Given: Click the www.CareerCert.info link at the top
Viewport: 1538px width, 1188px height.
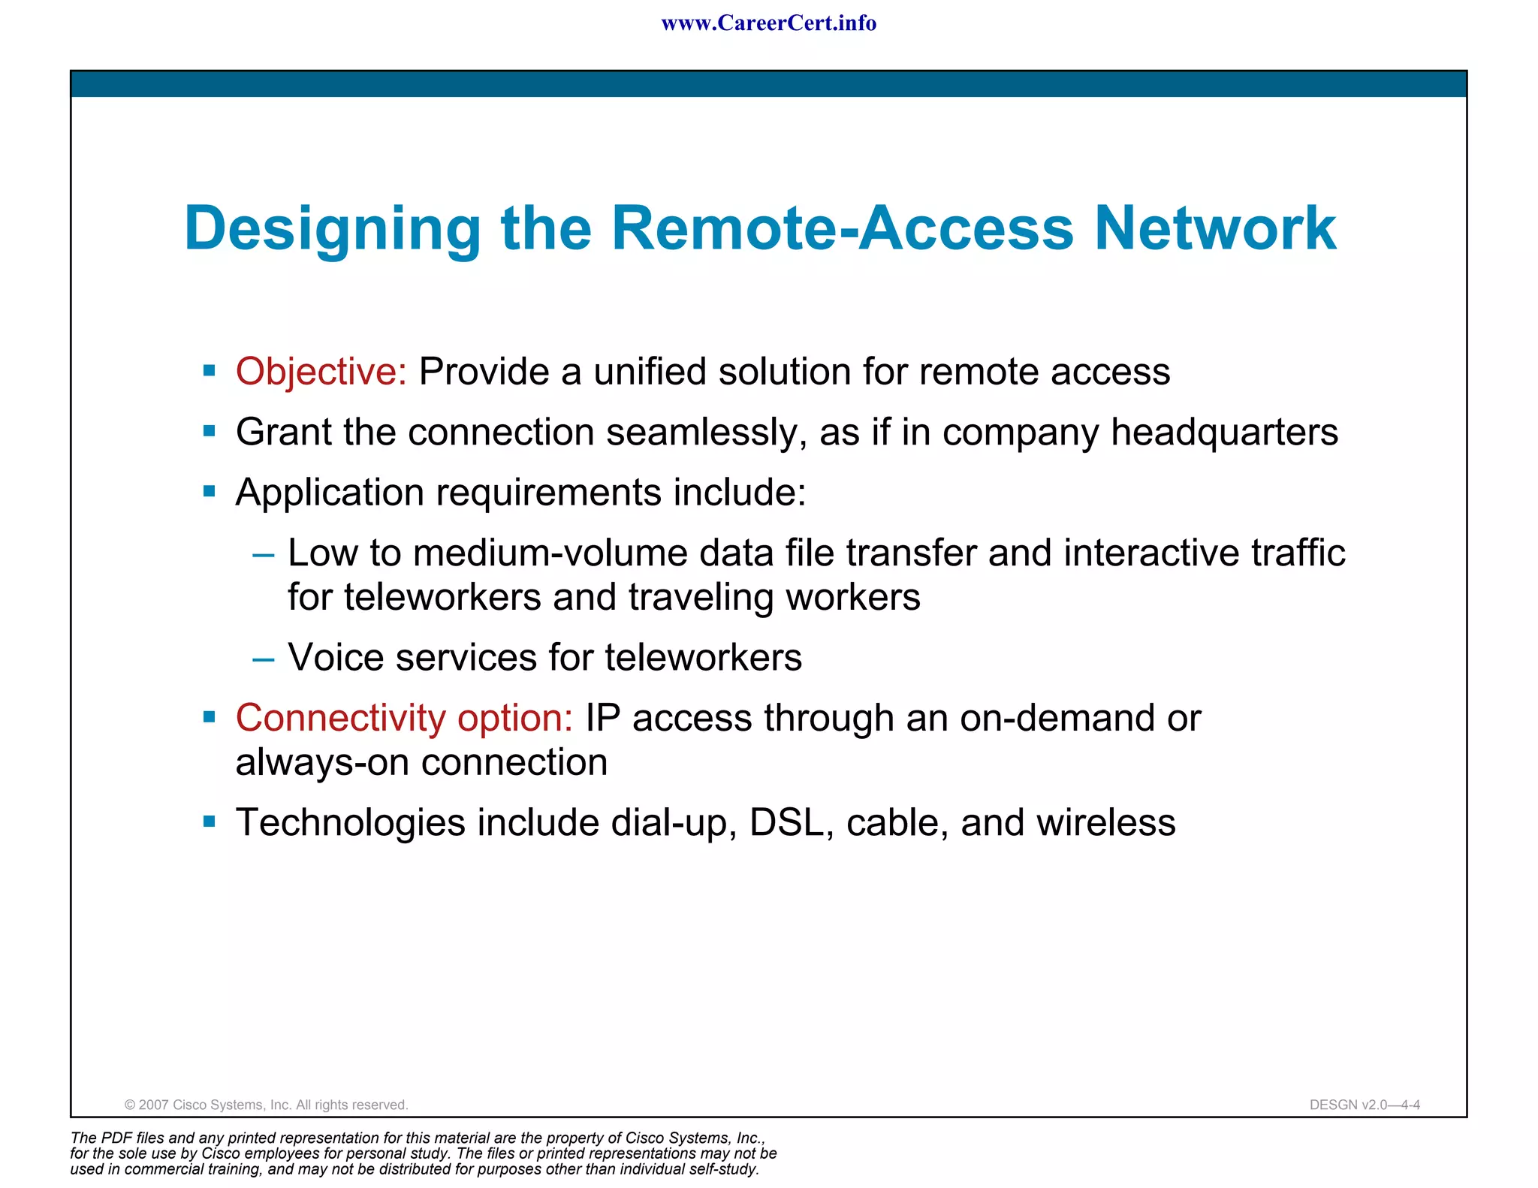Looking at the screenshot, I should click(768, 23).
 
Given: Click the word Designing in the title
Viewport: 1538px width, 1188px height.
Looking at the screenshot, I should click(332, 229).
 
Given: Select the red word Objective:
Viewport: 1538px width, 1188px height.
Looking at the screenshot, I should click(321, 372).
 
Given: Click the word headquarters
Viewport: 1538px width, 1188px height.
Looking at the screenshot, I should click(1224, 433).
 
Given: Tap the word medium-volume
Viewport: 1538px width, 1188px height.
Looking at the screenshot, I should click(550, 553).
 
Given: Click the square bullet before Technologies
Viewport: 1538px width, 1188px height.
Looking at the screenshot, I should click(210, 822).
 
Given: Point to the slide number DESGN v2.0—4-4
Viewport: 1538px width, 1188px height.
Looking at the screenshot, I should click(1364, 1105).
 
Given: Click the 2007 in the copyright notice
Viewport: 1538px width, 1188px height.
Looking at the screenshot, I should click(153, 1105).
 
